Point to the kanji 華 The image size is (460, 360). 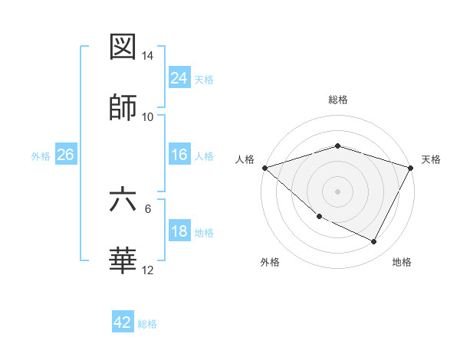[123, 260]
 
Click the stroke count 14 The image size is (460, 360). [148, 57]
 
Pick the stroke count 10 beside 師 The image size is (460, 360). [148, 117]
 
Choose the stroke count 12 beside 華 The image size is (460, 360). [148, 270]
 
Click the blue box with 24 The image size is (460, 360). [179, 78]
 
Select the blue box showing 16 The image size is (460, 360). [179, 155]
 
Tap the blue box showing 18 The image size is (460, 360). [179, 231]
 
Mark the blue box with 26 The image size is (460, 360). [65, 155]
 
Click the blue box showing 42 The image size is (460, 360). [123, 322]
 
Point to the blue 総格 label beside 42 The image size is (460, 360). [147, 324]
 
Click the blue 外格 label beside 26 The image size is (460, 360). [41, 155]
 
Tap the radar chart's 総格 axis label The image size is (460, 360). [337, 100]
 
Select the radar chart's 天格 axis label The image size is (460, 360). [431, 159]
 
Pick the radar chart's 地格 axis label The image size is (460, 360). [402, 262]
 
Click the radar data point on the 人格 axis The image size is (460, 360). [264, 168]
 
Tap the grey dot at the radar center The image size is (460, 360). [337, 191]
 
